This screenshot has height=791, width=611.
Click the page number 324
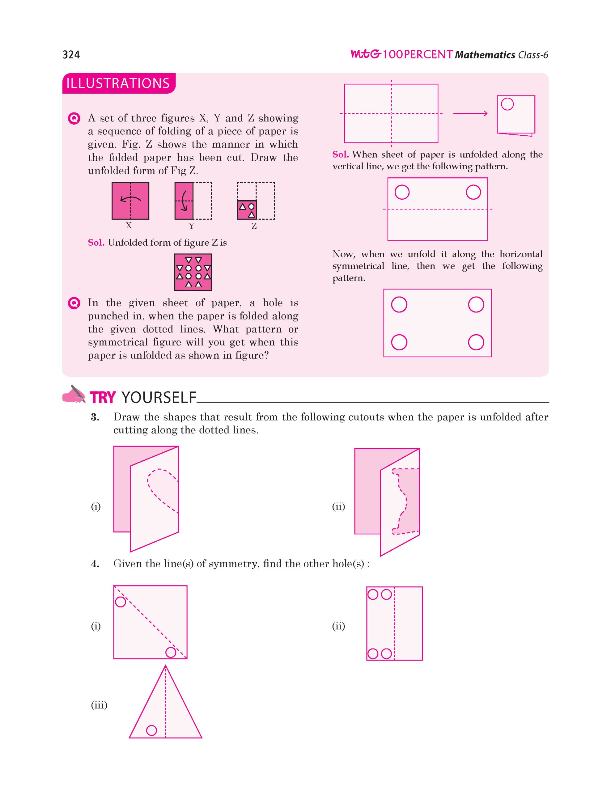[71, 55]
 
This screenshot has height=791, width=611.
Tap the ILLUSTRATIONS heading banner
[118, 83]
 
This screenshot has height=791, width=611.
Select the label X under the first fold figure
[129, 226]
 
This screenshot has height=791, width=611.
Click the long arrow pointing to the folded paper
[470, 113]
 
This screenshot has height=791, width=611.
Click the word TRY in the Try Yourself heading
[103, 397]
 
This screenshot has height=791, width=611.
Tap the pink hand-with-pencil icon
[74, 394]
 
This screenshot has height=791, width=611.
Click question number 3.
[95, 417]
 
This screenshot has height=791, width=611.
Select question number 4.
[95, 564]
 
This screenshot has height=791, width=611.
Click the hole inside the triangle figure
[151, 730]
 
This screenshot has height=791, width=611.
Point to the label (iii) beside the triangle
[99, 704]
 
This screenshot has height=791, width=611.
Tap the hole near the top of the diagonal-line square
[120, 602]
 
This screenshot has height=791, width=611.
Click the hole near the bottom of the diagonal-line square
[171, 652]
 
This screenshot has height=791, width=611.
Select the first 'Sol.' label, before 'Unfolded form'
[96, 243]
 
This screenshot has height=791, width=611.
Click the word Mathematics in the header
[485, 55]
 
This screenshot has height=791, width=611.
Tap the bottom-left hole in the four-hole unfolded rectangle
[399, 342]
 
